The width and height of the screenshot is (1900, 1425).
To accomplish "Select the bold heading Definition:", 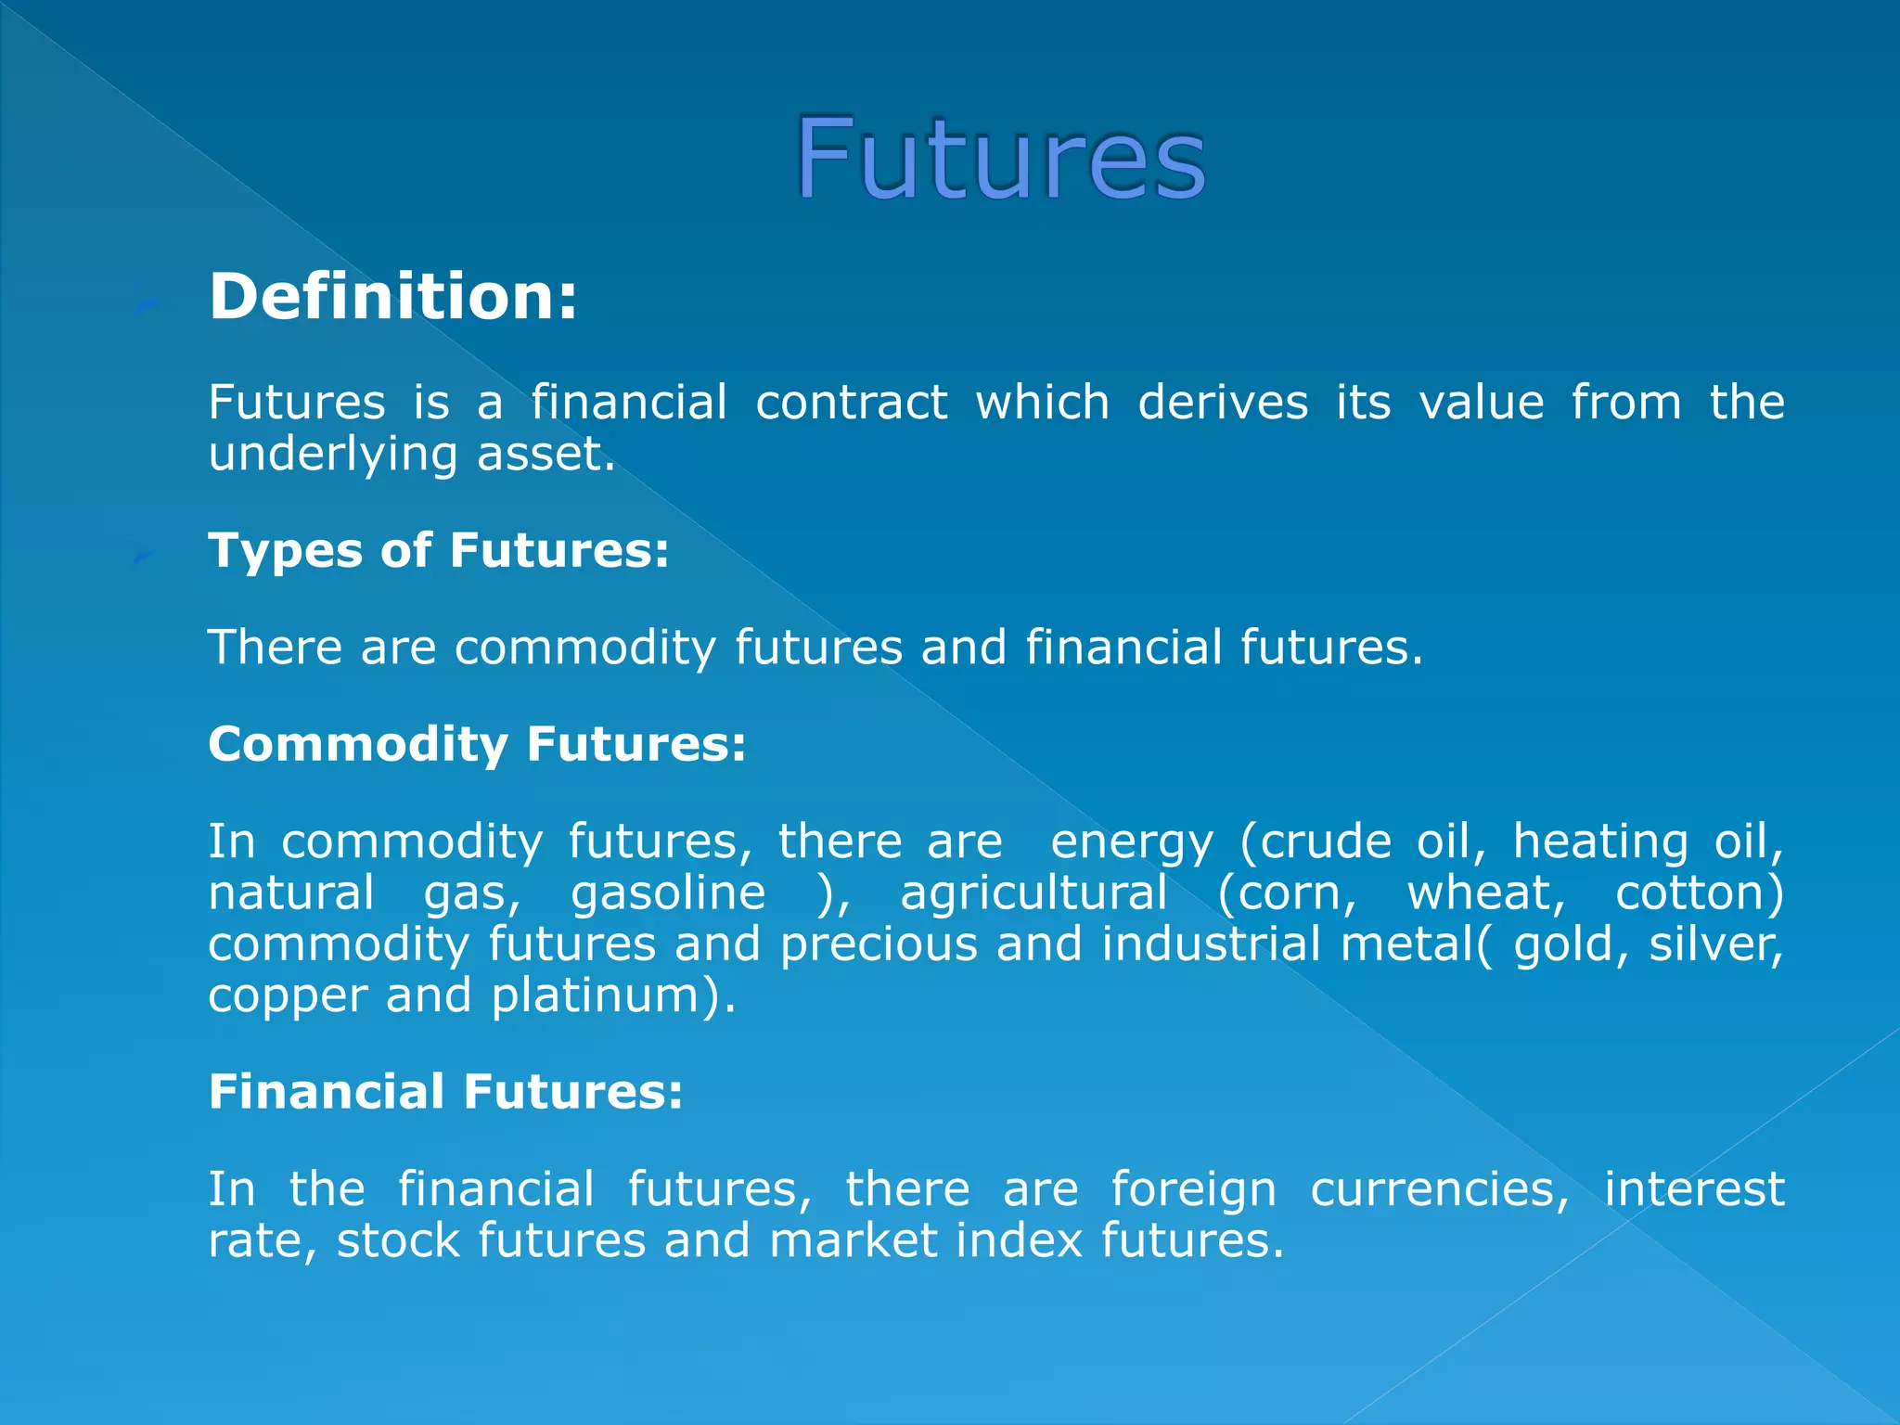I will coord(393,297).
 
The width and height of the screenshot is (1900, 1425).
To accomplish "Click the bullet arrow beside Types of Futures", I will coord(144,555).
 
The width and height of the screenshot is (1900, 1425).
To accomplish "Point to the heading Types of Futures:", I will coord(438,550).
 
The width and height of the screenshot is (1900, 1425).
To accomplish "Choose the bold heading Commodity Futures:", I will coord(477,744).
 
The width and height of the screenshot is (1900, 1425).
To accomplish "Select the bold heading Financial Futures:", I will coord(445,1091).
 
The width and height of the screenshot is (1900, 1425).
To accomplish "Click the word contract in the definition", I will coord(851,403).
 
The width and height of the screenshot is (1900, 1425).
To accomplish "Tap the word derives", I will coord(1223,403).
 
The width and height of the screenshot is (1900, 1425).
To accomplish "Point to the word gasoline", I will coord(668,893).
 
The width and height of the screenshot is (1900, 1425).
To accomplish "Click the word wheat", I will coord(1485,893).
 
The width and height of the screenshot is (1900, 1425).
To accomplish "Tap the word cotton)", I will coord(1700,893).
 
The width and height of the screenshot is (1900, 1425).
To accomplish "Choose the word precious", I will coord(879,945).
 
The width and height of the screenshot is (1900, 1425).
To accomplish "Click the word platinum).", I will coord(613,996).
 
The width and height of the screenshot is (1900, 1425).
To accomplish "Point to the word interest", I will coord(1694,1189).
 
